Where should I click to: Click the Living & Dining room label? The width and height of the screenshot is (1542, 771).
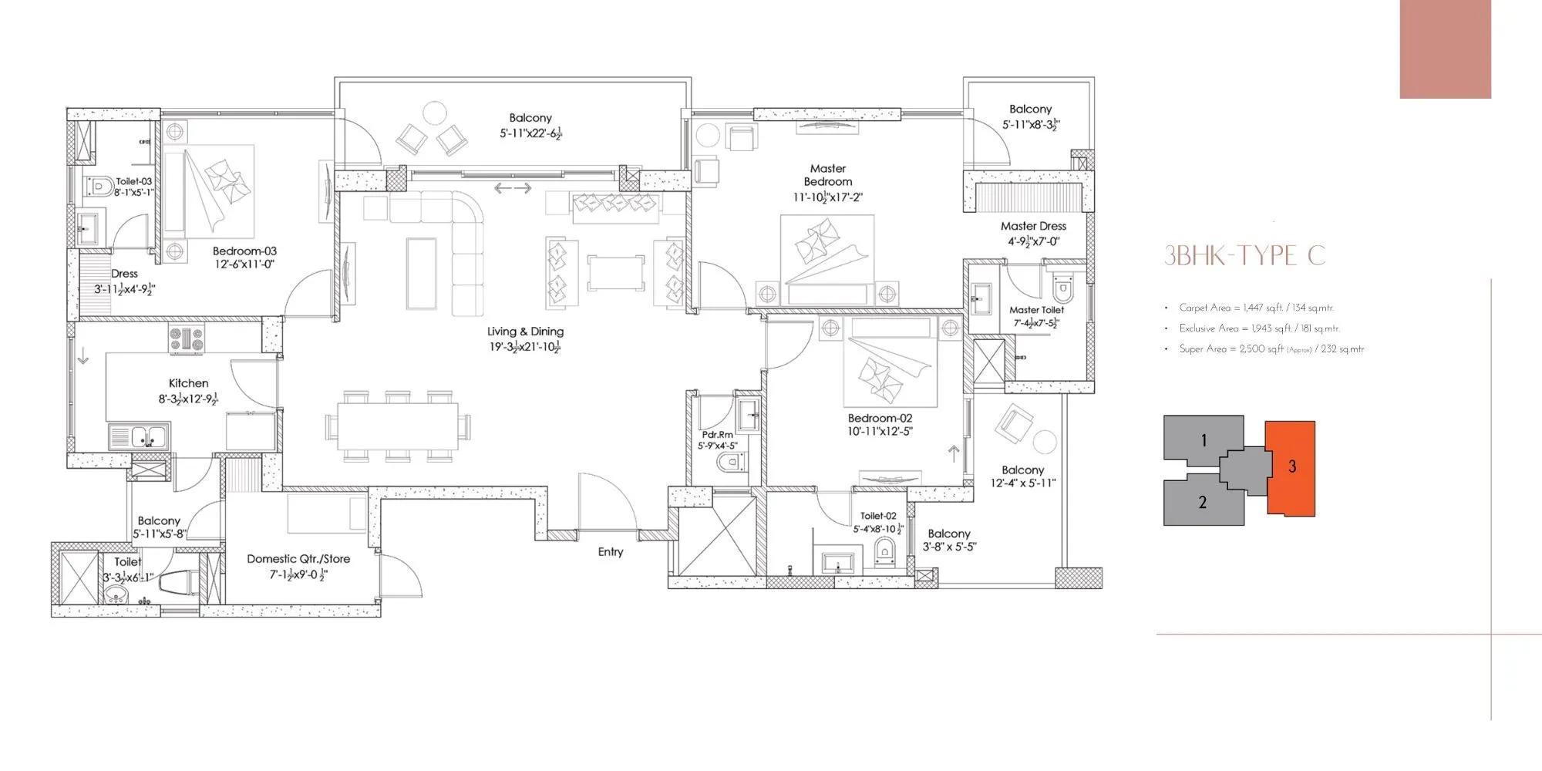pyautogui.click(x=525, y=332)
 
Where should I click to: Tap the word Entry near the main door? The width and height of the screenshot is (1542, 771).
pyautogui.click(x=610, y=552)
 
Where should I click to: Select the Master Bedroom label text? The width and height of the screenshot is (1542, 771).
pyautogui.click(x=828, y=175)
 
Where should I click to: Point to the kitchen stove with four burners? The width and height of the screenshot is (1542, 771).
pyautogui.click(x=187, y=339)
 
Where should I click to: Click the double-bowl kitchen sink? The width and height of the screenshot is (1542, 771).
pyautogui.click(x=140, y=437)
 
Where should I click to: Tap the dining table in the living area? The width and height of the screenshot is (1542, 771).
pyautogui.click(x=398, y=426)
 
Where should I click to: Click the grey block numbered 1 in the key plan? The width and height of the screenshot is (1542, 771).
pyautogui.click(x=1203, y=440)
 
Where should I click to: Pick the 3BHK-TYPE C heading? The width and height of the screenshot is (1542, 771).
pyautogui.click(x=1244, y=255)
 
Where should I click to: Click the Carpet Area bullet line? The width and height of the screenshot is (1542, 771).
pyautogui.click(x=1256, y=308)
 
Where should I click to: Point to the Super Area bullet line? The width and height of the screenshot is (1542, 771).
pyautogui.click(x=1271, y=349)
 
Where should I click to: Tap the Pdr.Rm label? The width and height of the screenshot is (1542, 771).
pyautogui.click(x=717, y=435)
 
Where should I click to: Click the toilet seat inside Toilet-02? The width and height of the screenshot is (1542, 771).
pyautogui.click(x=884, y=551)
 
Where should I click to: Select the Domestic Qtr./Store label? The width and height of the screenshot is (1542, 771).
pyautogui.click(x=298, y=559)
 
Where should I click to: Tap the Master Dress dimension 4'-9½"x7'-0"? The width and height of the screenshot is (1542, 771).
pyautogui.click(x=1033, y=241)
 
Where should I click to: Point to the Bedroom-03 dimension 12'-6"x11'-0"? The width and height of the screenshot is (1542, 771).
pyautogui.click(x=244, y=264)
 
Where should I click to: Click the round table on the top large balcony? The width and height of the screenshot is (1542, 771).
pyautogui.click(x=436, y=113)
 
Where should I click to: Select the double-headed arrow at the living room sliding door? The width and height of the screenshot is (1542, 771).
pyautogui.click(x=513, y=188)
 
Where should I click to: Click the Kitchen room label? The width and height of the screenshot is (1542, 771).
pyautogui.click(x=189, y=383)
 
